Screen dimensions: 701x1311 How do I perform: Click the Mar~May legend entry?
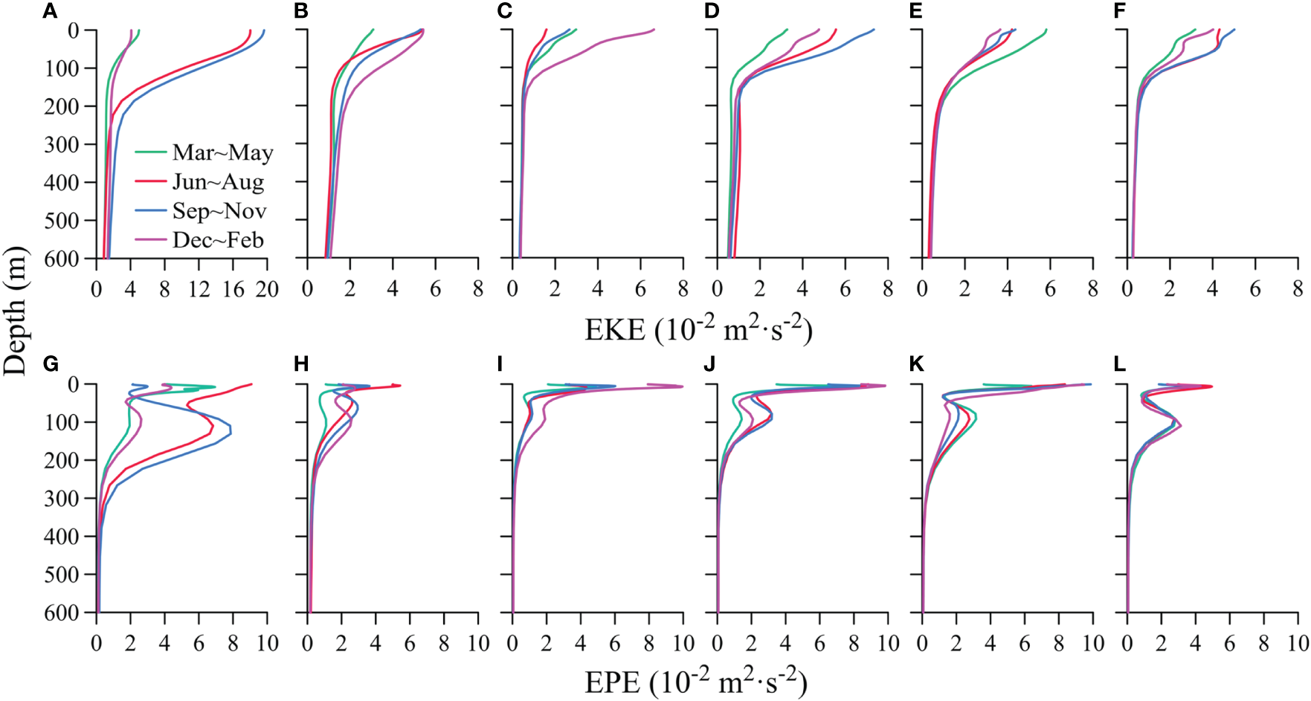222,152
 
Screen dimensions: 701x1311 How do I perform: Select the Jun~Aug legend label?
218,181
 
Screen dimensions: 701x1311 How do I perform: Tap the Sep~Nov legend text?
219,210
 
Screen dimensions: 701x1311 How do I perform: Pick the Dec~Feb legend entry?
218,239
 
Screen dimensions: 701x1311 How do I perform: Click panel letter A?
50,11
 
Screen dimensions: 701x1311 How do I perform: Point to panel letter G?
51,364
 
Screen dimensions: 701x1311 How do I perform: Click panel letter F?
1120,11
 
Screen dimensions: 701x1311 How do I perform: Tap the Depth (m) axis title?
15,311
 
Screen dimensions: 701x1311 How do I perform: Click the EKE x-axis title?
698,329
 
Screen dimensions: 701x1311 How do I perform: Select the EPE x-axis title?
695,682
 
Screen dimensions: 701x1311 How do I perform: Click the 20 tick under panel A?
267,289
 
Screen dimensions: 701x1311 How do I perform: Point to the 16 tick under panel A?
233,289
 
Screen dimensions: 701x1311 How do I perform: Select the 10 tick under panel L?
1297,643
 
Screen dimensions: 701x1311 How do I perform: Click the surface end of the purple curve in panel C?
654,30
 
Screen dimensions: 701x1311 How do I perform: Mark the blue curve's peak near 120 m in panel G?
231,430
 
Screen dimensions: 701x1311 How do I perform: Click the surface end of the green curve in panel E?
1046,30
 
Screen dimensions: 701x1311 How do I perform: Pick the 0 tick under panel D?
717,289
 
